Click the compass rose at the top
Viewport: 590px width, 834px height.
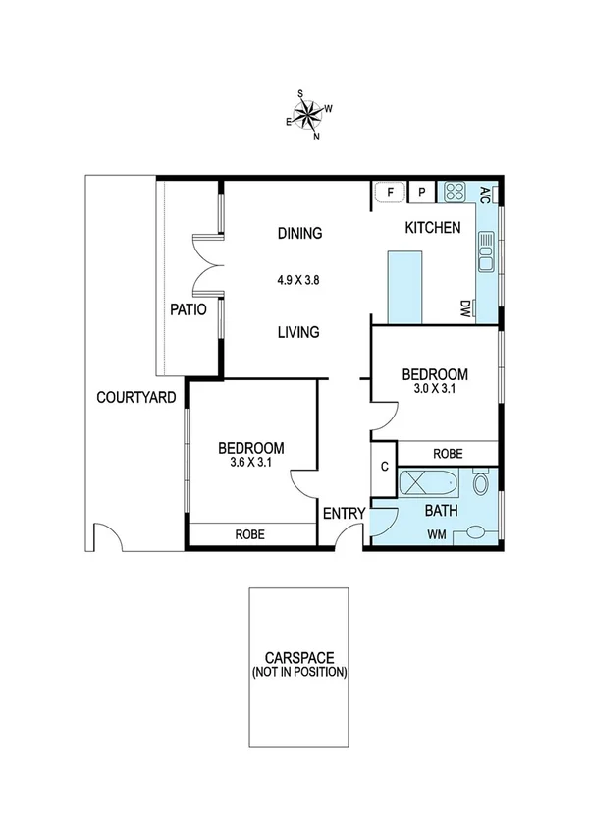pos(308,115)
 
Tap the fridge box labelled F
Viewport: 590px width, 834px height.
pos(390,193)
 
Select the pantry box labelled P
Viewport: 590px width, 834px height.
pos(422,193)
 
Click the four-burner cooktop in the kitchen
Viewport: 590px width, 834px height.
pos(455,192)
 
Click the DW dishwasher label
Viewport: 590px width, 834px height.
pos(465,309)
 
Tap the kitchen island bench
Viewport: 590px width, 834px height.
pos(404,286)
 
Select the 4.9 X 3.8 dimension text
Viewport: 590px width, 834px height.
pos(299,280)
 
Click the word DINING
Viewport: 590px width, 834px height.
pos(299,234)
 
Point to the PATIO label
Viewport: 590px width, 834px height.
pos(188,308)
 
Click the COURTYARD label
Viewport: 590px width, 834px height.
pos(136,398)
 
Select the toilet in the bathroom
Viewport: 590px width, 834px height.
pos(480,482)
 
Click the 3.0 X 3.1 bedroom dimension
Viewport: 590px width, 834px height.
pos(435,388)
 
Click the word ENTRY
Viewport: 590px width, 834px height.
pos(344,513)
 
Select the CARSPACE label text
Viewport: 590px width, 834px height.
pos(298,659)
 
